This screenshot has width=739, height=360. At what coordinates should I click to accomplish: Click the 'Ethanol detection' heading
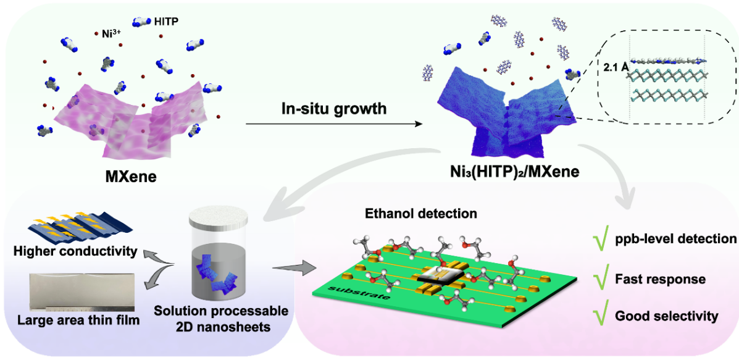(x=421, y=214)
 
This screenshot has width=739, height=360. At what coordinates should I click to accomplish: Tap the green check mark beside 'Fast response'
(x=598, y=278)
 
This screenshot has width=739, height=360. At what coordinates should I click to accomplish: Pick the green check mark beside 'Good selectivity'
(x=598, y=316)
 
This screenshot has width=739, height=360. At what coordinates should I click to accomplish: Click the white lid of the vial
(x=220, y=217)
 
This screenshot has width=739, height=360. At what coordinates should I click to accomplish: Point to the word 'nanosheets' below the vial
(x=222, y=326)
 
